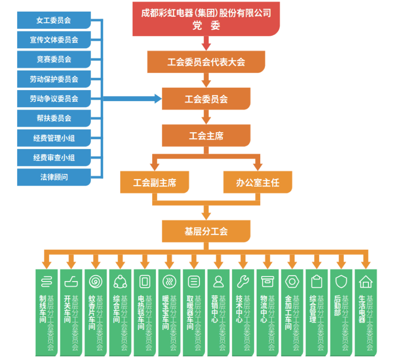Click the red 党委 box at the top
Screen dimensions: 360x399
(206, 19)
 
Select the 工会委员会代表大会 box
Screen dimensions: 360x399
(206, 62)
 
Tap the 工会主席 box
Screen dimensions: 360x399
(206, 136)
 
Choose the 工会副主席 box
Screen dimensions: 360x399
(155, 183)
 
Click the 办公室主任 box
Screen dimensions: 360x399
(258, 183)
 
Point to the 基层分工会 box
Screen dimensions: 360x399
(206, 231)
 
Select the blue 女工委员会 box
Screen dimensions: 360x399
(54, 20)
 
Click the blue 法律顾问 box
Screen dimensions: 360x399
(54, 177)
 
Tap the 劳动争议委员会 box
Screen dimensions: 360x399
(54, 99)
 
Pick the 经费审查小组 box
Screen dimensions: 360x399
(54, 158)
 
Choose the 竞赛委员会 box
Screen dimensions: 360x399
(54, 59)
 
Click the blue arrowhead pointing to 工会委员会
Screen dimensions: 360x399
(158, 99)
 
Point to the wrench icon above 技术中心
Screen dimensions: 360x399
(243, 282)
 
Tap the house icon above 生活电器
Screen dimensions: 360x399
(366, 282)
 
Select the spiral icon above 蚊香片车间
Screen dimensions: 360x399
(96, 282)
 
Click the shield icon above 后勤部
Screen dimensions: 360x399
(341, 282)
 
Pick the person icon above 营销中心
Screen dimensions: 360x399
(218, 282)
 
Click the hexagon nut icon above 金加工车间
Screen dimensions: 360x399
(292, 282)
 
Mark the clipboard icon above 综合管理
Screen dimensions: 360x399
(317, 282)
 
